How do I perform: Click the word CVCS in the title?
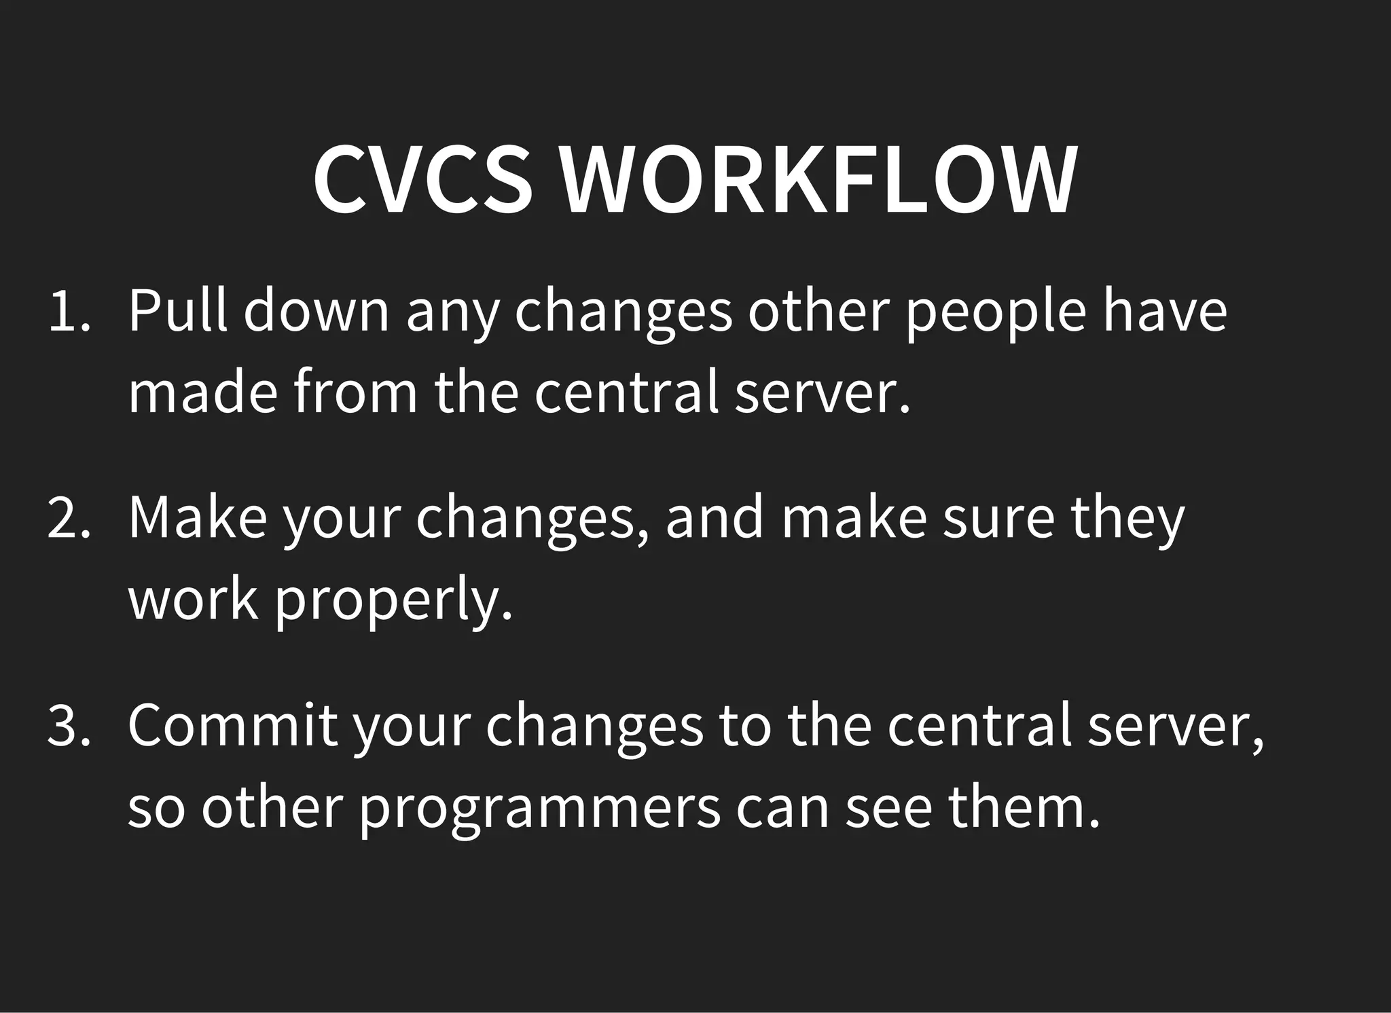click(422, 180)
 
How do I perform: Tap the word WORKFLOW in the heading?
click(818, 180)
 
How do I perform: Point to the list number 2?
click(69, 519)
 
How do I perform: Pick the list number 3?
click(69, 726)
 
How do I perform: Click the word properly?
click(393, 602)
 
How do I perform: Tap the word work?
click(194, 600)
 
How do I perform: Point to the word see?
click(889, 809)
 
